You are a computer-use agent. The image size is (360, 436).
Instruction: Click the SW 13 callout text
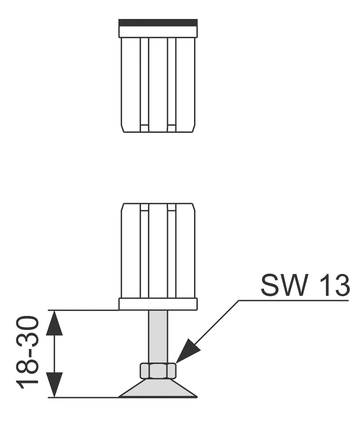click(x=305, y=285)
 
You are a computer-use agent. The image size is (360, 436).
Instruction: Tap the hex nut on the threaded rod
click(x=158, y=371)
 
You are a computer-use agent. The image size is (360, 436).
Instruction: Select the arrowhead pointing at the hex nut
click(x=188, y=351)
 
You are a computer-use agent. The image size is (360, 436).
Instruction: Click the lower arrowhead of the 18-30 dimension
click(x=54, y=385)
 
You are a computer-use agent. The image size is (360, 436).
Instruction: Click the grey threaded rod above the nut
click(x=158, y=336)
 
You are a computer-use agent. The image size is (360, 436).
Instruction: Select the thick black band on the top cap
click(x=158, y=23)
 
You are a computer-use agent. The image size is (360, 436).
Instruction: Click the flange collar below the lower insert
click(x=158, y=304)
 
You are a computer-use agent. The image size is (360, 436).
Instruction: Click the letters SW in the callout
click(x=284, y=285)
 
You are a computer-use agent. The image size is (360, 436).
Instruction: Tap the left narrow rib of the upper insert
click(x=144, y=84)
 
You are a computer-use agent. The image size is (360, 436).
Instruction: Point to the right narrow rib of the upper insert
click(x=172, y=84)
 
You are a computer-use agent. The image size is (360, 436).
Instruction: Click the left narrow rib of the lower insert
click(x=144, y=251)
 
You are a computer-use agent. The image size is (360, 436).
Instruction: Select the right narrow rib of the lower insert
click(x=172, y=251)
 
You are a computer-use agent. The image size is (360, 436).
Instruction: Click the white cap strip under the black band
click(x=158, y=32)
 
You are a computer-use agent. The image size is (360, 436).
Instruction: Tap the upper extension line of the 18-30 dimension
click(x=84, y=310)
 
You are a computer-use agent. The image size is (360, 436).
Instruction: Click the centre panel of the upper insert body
click(x=158, y=84)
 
